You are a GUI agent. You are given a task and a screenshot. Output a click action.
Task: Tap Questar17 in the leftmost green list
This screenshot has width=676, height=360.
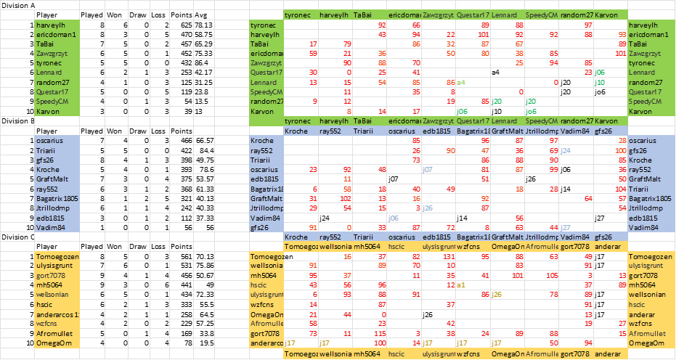tap(52, 92)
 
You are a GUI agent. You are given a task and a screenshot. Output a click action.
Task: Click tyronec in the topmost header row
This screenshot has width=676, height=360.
tap(298, 15)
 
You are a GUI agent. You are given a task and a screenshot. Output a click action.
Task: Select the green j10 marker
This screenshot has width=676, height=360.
tap(600, 83)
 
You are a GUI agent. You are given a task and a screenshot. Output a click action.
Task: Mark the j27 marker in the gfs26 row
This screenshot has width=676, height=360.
tap(566, 227)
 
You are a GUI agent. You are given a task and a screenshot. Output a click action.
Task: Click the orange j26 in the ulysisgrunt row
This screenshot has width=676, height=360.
tap(497, 294)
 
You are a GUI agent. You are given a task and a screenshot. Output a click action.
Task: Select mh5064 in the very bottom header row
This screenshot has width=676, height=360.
tap(367, 353)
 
